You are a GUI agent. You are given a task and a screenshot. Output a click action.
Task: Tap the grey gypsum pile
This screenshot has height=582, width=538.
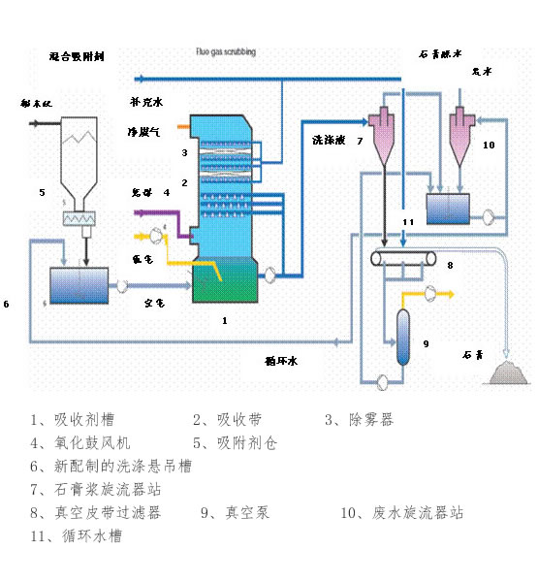point(509,372)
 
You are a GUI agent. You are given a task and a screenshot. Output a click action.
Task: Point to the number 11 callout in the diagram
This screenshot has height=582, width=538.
point(409,222)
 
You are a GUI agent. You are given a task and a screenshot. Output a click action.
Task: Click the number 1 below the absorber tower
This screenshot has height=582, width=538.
point(225,319)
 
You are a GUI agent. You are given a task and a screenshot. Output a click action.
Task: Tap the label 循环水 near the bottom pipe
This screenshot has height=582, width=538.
point(281,361)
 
